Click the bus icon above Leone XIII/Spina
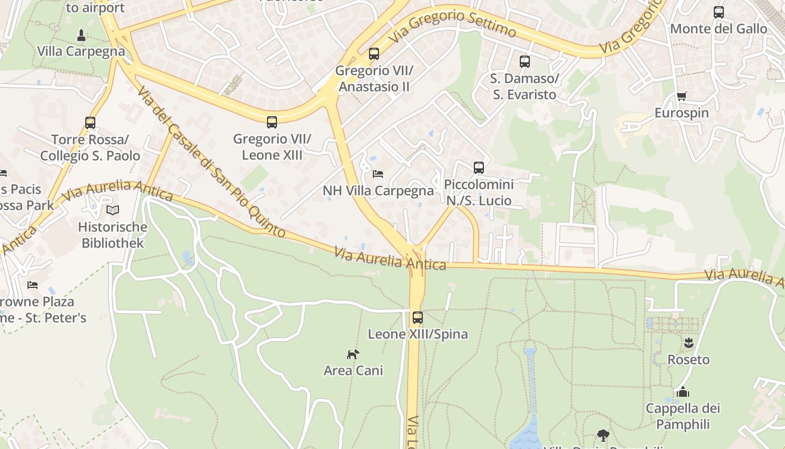(418, 318)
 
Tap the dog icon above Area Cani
(353, 354)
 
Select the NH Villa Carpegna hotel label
(378, 191)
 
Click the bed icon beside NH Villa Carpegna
(378, 174)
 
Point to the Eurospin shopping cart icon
(681, 97)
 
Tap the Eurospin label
(681, 113)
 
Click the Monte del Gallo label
(718, 29)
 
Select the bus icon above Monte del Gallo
(718, 12)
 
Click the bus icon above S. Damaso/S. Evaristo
(524, 62)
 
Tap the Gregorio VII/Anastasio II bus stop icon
(374, 54)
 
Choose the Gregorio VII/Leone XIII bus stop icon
(272, 122)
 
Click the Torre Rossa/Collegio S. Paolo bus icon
(90, 122)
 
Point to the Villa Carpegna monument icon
(81, 35)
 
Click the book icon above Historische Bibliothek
(113, 210)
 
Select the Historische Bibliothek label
(113, 235)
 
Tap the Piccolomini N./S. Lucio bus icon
(478, 167)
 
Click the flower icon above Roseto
(688, 342)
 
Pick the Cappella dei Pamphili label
(682, 416)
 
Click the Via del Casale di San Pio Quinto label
(210, 162)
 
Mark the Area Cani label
(353, 370)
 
